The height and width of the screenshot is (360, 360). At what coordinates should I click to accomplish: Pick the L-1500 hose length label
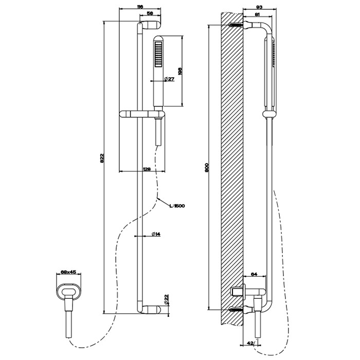[x=176, y=206]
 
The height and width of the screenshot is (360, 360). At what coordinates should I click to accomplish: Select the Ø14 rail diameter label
[x=156, y=234]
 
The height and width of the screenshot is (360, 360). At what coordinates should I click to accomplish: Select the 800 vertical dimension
[x=206, y=167]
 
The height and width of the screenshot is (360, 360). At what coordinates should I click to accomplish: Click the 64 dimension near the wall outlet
[x=254, y=275]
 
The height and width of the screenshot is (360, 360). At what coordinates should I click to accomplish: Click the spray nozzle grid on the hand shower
[x=157, y=55]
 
